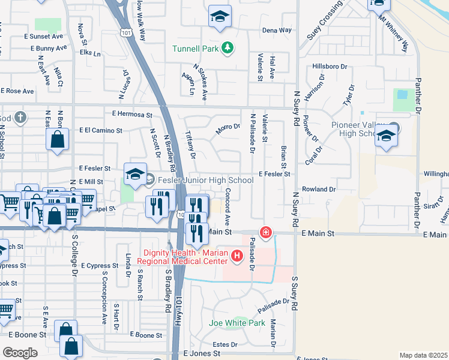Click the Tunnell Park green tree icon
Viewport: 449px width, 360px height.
coord(227,47)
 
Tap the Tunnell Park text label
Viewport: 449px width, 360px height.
coord(195,49)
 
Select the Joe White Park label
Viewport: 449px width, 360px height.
coord(237,323)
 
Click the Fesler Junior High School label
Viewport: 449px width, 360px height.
coord(205,180)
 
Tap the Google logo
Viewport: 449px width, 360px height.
coord(20,352)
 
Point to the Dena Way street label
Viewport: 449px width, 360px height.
coord(277,30)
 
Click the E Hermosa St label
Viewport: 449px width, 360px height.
coord(132,114)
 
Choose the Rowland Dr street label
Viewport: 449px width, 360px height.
coord(318,189)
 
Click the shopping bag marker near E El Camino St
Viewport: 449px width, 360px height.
coord(58,140)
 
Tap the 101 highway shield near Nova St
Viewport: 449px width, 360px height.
coord(125,30)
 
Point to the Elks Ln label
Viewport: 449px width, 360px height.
coord(89,53)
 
